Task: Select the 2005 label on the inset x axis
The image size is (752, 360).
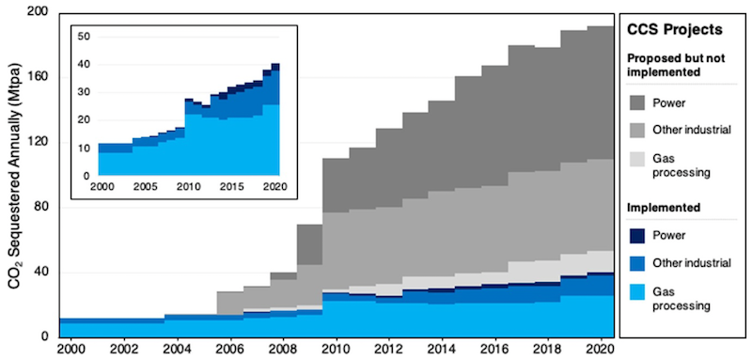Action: coord(146,187)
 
